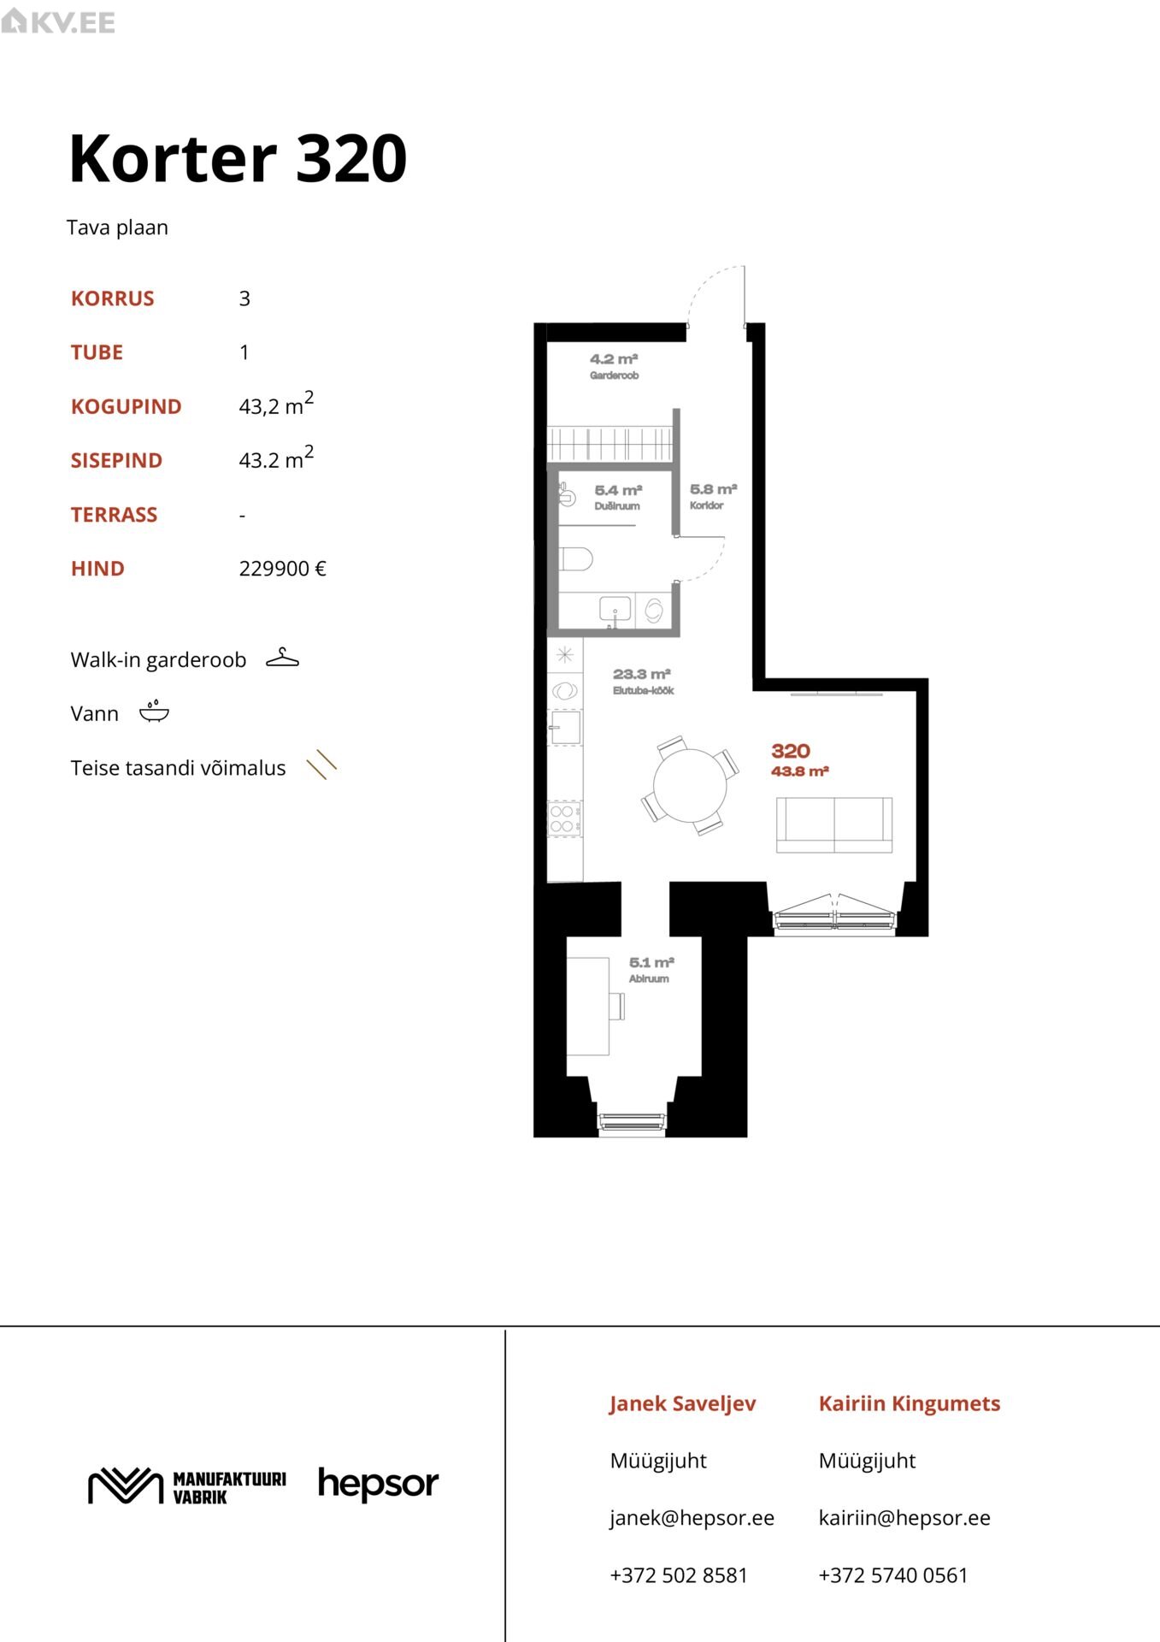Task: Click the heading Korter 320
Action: click(238, 159)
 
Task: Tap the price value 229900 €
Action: click(282, 569)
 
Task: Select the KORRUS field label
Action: click(113, 298)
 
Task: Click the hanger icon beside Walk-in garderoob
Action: click(282, 658)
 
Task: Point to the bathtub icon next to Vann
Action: click(155, 712)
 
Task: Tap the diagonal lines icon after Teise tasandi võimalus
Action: click(321, 765)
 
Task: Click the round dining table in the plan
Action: click(690, 785)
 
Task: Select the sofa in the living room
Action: click(834, 824)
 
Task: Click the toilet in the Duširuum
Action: click(576, 559)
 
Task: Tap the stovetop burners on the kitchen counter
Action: click(564, 818)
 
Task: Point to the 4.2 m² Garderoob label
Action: click(614, 366)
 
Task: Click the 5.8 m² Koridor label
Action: click(713, 496)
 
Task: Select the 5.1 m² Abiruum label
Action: click(651, 970)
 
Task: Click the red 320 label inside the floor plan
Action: click(791, 751)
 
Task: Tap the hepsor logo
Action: click(379, 1484)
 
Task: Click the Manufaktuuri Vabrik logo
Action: click(187, 1486)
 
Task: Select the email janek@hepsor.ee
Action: click(692, 1518)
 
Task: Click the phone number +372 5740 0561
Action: click(892, 1575)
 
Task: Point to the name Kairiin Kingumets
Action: click(910, 1403)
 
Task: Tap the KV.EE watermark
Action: click(58, 21)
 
